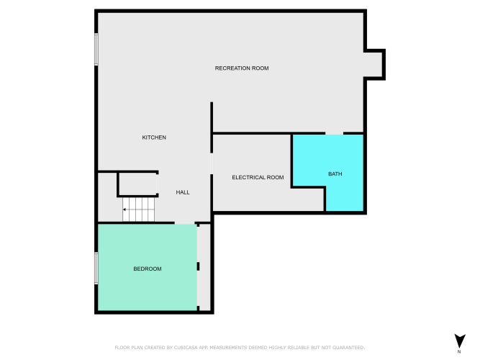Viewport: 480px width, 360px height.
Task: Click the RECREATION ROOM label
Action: point(242,68)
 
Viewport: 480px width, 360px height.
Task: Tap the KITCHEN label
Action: point(154,138)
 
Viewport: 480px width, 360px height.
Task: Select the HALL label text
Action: point(183,192)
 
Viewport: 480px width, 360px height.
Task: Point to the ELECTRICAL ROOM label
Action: point(258,177)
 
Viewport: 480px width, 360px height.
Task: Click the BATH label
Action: point(335,174)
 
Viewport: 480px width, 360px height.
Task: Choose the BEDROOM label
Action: point(148,269)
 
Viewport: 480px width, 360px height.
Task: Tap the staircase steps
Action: point(139,210)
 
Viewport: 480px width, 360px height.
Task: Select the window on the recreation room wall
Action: point(96,50)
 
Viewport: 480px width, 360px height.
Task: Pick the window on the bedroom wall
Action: point(96,268)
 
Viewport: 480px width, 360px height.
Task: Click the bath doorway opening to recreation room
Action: point(334,133)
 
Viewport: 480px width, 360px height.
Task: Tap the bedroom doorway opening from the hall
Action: point(185,222)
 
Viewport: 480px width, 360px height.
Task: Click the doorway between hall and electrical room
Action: point(212,163)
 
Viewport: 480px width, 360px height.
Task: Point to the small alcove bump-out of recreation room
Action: point(373,64)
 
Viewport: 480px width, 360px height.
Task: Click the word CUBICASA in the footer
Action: point(186,348)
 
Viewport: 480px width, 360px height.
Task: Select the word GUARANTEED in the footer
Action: point(349,348)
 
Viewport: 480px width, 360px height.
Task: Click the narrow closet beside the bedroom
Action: point(205,267)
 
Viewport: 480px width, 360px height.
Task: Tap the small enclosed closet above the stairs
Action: point(137,184)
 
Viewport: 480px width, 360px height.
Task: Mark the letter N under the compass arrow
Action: point(459,352)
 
